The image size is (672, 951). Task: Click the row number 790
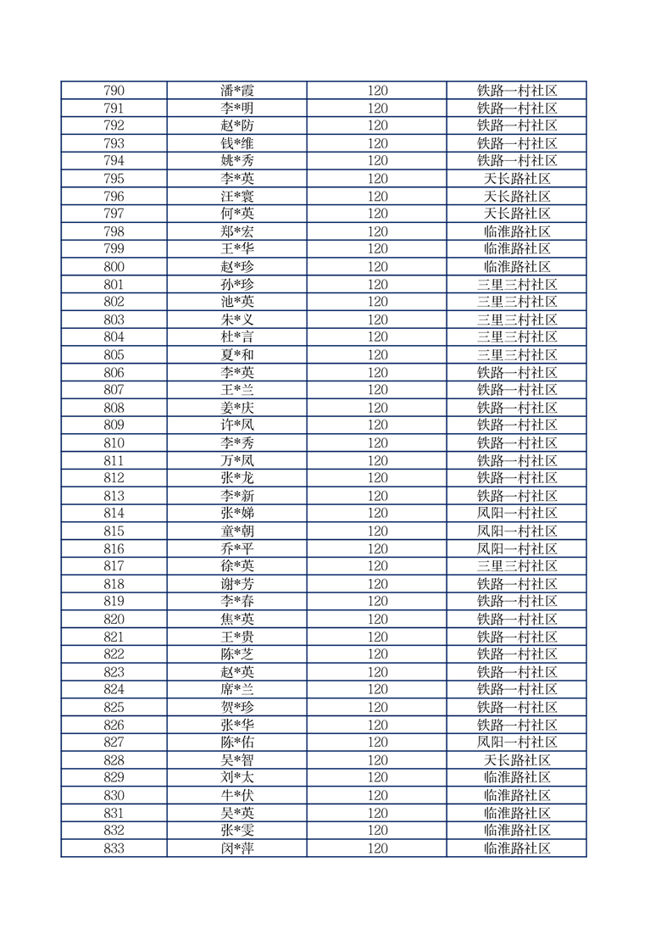(x=114, y=91)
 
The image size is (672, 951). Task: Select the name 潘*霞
(x=236, y=91)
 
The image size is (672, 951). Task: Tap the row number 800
(x=114, y=267)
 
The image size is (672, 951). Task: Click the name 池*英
(x=236, y=302)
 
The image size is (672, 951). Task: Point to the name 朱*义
(x=236, y=320)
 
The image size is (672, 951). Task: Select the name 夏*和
(x=236, y=355)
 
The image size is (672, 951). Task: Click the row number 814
(x=114, y=514)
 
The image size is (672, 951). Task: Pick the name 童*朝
(x=236, y=531)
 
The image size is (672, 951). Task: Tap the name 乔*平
(x=236, y=549)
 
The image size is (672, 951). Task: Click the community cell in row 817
(x=517, y=566)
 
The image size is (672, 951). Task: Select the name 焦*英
(x=236, y=620)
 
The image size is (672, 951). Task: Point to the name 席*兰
(x=236, y=690)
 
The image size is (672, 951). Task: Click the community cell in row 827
(x=517, y=742)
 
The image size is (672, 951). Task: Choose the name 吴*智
(x=236, y=760)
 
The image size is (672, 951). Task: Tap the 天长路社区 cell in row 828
(x=517, y=760)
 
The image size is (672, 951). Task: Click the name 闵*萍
(x=236, y=848)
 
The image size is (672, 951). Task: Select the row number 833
(x=114, y=848)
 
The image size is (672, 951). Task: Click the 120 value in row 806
(x=377, y=373)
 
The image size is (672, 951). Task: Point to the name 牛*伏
(x=236, y=796)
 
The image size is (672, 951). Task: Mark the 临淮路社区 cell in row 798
(x=517, y=231)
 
